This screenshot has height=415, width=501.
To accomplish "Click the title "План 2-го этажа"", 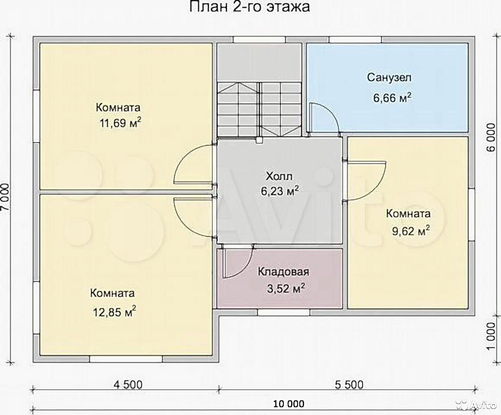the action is [250, 7].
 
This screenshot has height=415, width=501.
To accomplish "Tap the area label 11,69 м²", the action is [120, 123].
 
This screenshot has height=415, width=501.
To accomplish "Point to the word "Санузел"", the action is [390, 77].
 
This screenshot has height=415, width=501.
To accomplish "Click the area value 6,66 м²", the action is [392, 98].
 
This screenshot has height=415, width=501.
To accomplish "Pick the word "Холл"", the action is [279, 176].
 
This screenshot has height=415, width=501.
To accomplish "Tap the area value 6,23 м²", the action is [280, 191].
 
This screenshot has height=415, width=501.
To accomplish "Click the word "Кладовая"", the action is [283, 272].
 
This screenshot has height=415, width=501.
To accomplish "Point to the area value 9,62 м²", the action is [411, 230].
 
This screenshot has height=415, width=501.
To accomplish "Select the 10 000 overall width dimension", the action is [289, 404].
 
